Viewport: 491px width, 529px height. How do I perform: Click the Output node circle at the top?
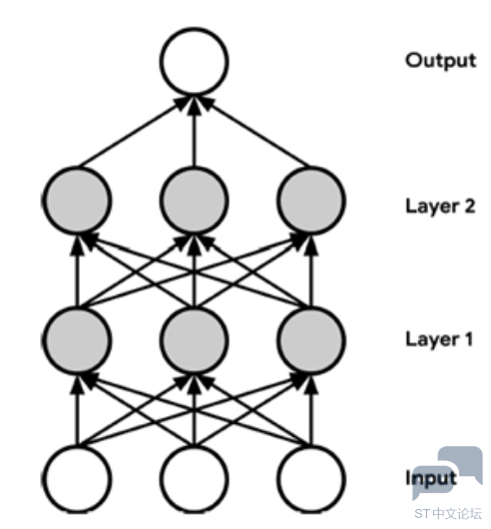(194, 62)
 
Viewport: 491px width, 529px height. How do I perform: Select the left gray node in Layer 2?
(77, 201)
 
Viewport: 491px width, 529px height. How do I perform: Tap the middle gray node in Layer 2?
(194, 201)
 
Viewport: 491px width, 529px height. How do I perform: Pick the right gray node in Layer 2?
(311, 201)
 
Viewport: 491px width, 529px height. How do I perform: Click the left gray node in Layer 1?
(77, 340)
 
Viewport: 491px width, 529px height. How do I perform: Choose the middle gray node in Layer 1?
(194, 340)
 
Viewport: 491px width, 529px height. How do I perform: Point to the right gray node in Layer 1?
(311, 340)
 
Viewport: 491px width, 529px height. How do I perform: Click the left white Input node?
(77, 479)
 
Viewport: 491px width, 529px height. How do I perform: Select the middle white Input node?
(194, 479)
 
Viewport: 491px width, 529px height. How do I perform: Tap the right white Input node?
(311, 479)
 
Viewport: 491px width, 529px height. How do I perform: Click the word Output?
(441, 62)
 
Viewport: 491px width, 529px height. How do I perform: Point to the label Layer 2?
(440, 207)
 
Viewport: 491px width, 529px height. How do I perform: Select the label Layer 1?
(439, 339)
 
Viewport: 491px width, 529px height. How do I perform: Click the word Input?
(431, 478)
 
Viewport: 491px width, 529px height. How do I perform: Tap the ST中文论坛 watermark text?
(448, 513)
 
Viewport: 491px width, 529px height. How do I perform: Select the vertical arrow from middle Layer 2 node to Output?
(194, 131)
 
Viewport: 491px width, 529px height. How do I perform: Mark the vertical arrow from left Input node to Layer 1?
(77, 410)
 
